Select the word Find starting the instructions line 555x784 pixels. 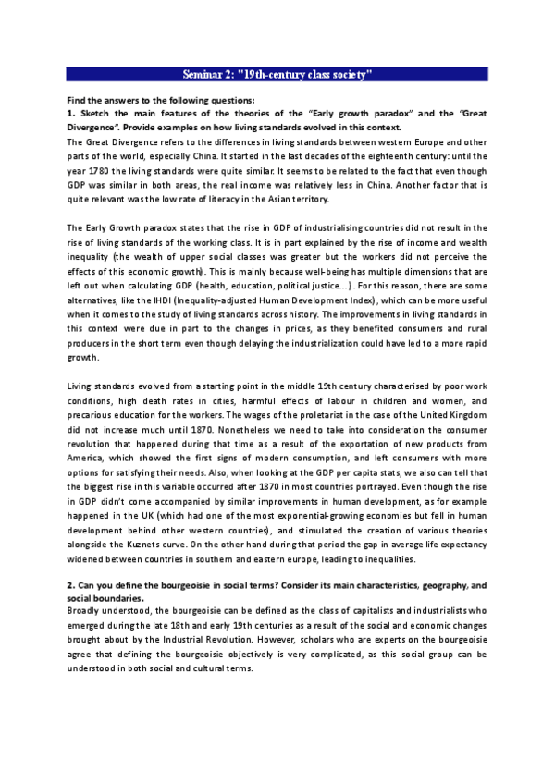[76, 99]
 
